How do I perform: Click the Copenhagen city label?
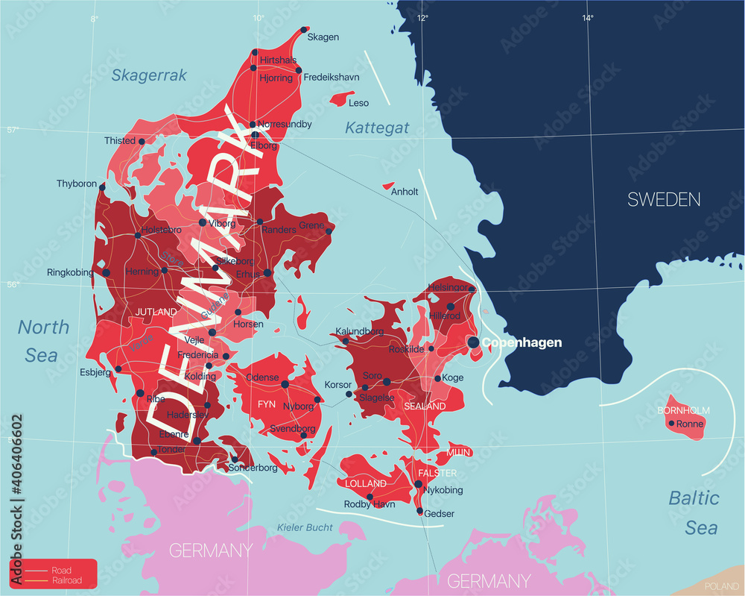(x=521, y=342)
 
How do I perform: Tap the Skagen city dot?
(x=304, y=31)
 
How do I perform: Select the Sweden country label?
(x=664, y=199)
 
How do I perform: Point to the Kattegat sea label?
(x=377, y=128)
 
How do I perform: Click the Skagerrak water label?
(x=149, y=75)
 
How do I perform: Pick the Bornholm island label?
(x=683, y=410)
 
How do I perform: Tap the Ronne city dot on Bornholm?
(x=671, y=424)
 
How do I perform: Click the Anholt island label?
(x=405, y=192)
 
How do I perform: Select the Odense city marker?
(x=285, y=384)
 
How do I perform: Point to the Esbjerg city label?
(x=95, y=371)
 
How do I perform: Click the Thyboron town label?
(x=77, y=183)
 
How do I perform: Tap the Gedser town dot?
(x=420, y=512)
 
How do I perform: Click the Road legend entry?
(x=61, y=571)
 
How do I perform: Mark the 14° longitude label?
(x=588, y=17)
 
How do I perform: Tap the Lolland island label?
(x=366, y=483)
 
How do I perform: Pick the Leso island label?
(x=358, y=103)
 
